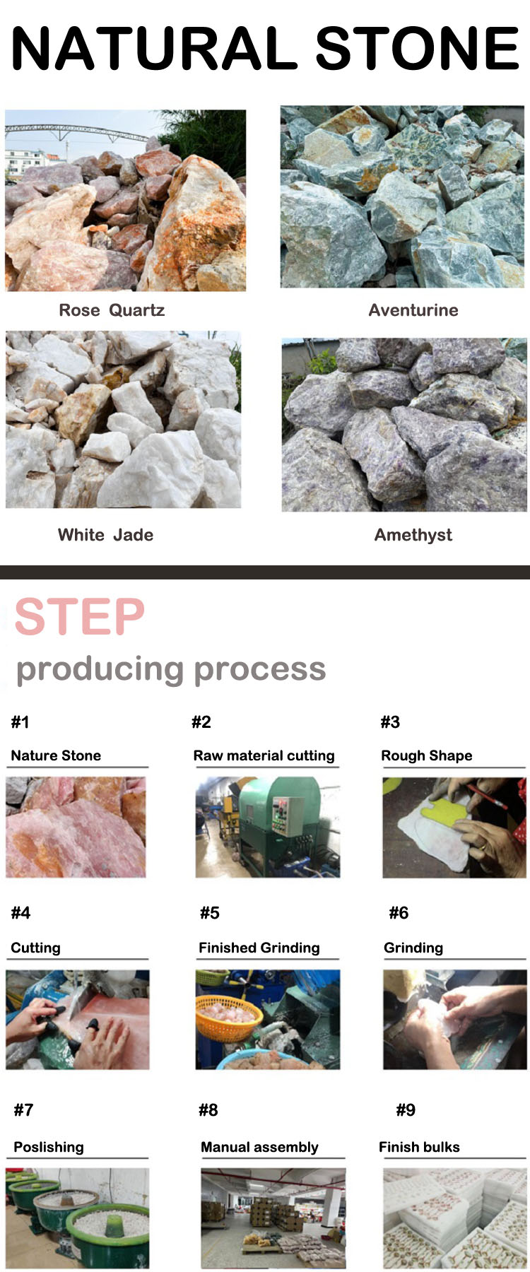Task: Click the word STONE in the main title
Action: tap(417, 48)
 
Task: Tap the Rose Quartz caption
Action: tap(112, 310)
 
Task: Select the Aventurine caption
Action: tap(413, 310)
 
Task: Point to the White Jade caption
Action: tap(105, 535)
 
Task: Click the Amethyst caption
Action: tap(413, 535)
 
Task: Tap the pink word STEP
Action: tap(80, 617)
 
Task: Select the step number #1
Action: tap(20, 722)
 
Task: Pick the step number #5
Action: tap(210, 913)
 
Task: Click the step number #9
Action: tap(406, 1110)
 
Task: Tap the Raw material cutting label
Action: tap(264, 755)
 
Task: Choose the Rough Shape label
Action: tap(427, 755)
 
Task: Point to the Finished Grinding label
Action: tap(259, 948)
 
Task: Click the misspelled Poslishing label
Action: tap(49, 1147)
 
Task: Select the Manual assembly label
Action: tap(259, 1147)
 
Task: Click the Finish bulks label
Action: tap(419, 1147)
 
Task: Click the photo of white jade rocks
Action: tap(123, 420)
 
